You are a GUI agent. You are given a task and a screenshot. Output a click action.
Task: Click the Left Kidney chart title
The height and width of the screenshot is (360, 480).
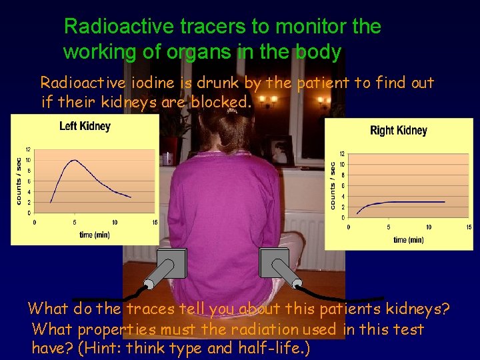pos(85,126)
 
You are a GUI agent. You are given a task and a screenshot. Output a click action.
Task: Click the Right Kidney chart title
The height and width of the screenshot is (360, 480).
pos(398,131)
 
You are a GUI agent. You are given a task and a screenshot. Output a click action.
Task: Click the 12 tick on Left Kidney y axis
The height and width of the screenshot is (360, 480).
pos(27,149)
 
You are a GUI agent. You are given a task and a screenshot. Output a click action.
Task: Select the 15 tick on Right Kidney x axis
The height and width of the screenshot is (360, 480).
pos(469,227)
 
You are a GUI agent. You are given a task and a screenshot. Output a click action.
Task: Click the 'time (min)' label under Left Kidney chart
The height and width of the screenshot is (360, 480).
pos(94,235)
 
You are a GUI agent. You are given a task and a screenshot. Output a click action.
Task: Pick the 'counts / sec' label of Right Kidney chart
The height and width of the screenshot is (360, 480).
pos(333,185)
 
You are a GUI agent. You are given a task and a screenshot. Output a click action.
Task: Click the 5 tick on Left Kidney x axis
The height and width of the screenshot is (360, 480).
pos(74,223)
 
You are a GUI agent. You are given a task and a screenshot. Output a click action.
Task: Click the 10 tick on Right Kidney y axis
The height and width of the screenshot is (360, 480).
pos(341,165)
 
